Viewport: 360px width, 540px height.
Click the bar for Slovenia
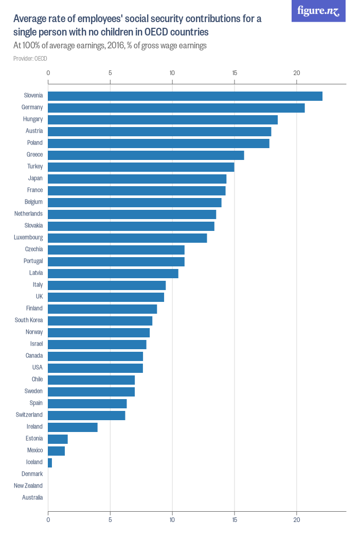point(185,96)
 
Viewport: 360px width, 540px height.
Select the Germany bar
point(176,108)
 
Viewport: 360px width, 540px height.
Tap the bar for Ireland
point(73,427)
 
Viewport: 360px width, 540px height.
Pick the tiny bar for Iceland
point(50,462)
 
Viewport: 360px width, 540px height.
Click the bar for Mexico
point(56,451)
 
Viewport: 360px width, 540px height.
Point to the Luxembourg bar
point(127,238)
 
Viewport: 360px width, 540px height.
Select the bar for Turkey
point(141,167)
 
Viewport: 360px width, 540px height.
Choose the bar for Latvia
point(113,274)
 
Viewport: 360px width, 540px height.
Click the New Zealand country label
point(28,485)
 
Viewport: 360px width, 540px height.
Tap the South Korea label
point(29,320)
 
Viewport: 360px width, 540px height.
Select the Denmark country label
point(32,474)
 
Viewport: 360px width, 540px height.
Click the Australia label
point(32,497)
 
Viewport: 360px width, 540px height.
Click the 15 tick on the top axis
point(235,73)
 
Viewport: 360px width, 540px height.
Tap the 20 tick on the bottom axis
point(297,520)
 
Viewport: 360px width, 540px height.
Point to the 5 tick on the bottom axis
point(110,520)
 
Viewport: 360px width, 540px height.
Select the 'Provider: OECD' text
point(30,59)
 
